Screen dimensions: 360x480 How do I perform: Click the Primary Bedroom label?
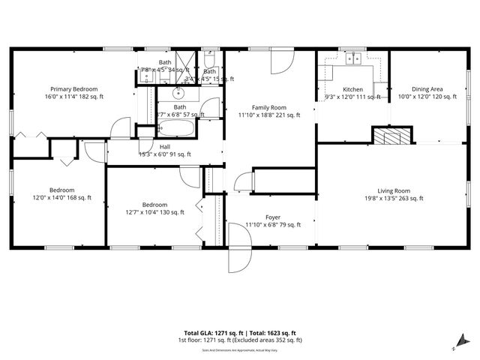tap(73, 88)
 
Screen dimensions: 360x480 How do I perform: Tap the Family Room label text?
tap(268, 107)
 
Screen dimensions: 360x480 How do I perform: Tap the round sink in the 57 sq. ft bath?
tap(179, 94)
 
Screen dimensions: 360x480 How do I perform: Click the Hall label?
tap(165, 147)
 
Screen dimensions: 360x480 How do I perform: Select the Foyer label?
tap(273, 217)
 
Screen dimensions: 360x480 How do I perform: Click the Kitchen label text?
tap(352, 89)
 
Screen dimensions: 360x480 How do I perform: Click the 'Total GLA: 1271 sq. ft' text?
tap(212, 333)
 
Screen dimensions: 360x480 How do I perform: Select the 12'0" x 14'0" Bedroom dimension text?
tap(61, 198)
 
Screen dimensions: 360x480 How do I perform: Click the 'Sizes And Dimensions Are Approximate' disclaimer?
tap(240, 349)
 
